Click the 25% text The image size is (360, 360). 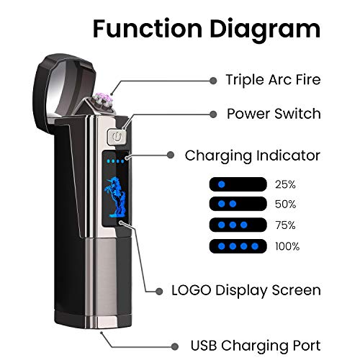click(286, 184)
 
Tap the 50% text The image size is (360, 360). click(286, 205)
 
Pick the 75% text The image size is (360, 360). click(286, 226)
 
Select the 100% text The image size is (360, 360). click(287, 247)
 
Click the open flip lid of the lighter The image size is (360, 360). click(65, 79)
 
